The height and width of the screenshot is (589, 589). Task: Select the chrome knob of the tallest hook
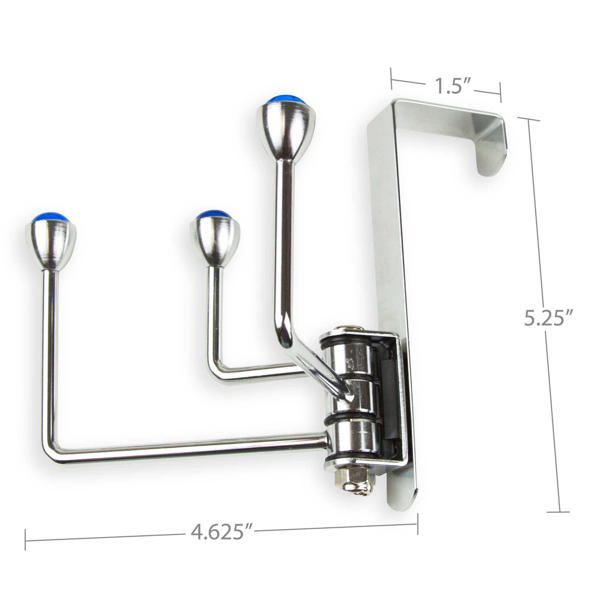[x=286, y=128]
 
